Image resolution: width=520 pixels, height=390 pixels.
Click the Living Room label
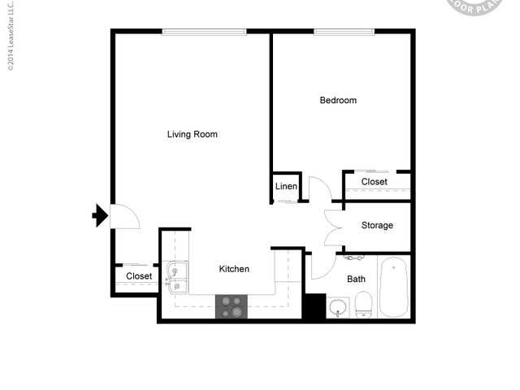[192, 134]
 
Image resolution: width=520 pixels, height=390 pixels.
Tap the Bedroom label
[338, 101]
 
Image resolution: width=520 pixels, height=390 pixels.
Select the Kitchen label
[234, 269]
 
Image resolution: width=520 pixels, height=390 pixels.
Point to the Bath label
[356, 279]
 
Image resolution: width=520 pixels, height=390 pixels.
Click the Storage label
[377, 225]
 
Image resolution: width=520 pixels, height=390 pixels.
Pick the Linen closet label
[286, 187]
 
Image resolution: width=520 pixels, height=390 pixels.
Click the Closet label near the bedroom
[374, 181]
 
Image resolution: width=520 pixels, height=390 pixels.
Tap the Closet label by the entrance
[139, 276]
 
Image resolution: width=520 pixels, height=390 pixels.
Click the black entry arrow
[100, 215]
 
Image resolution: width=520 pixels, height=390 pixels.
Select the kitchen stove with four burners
[232, 306]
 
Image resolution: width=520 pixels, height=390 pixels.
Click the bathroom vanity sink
[338, 308]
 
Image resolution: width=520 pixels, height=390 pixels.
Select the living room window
[203, 32]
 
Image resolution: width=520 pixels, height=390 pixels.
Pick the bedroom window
[343, 32]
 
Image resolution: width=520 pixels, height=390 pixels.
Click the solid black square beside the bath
[314, 306]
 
